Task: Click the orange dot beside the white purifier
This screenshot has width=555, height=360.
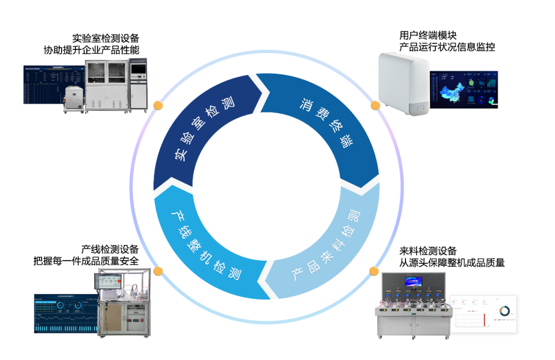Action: pyautogui.click(x=376, y=105)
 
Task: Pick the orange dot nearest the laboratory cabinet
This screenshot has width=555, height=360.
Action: pyautogui.click(x=158, y=105)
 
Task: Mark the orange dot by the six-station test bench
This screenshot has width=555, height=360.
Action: pyautogui.click(x=374, y=271)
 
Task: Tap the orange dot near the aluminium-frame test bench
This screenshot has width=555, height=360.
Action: pyautogui.click(x=158, y=271)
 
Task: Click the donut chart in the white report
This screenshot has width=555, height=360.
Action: pyautogui.click(x=504, y=311)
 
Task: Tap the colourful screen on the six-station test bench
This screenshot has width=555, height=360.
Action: pyautogui.click(x=413, y=281)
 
